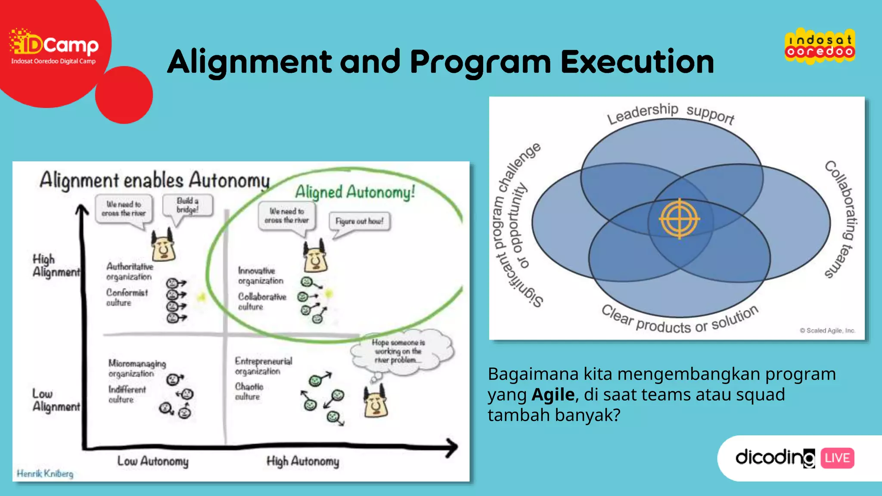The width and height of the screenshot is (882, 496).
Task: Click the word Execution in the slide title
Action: (x=637, y=62)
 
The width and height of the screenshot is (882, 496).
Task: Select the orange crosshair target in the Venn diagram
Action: (x=679, y=219)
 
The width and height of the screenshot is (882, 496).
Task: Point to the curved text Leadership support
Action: (x=670, y=113)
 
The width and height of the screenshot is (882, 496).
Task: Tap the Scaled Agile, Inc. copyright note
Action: (x=827, y=331)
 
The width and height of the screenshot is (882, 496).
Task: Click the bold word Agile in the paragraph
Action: (x=553, y=394)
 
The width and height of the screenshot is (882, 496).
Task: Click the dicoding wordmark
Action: (x=774, y=457)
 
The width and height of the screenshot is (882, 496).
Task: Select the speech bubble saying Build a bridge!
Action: (x=187, y=206)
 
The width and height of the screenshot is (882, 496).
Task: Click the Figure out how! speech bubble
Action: (x=359, y=221)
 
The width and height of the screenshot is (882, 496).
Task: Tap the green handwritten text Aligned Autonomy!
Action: (x=355, y=192)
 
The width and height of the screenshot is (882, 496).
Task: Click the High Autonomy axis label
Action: (x=303, y=462)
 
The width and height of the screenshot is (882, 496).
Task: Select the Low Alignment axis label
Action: (x=56, y=400)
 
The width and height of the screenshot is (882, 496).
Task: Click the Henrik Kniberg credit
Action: (x=45, y=474)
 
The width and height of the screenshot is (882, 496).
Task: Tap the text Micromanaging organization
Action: (x=137, y=369)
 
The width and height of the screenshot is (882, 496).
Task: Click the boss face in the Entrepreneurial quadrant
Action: (x=376, y=403)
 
